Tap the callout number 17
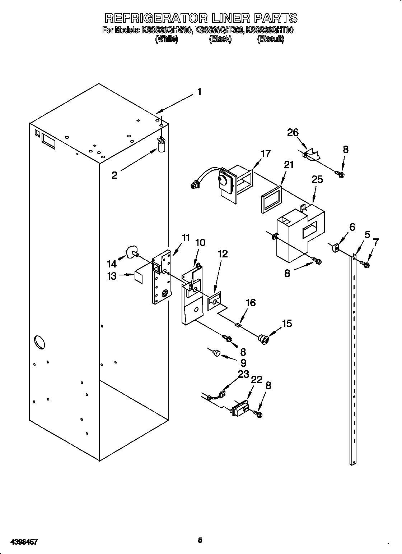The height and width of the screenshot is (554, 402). (x=265, y=154)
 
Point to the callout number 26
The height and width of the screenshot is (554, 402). (x=293, y=133)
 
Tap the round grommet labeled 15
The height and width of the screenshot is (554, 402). (x=264, y=338)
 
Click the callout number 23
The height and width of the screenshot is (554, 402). (x=243, y=374)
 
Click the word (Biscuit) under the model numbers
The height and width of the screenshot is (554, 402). (x=270, y=40)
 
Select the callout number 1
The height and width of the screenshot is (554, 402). (x=198, y=92)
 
